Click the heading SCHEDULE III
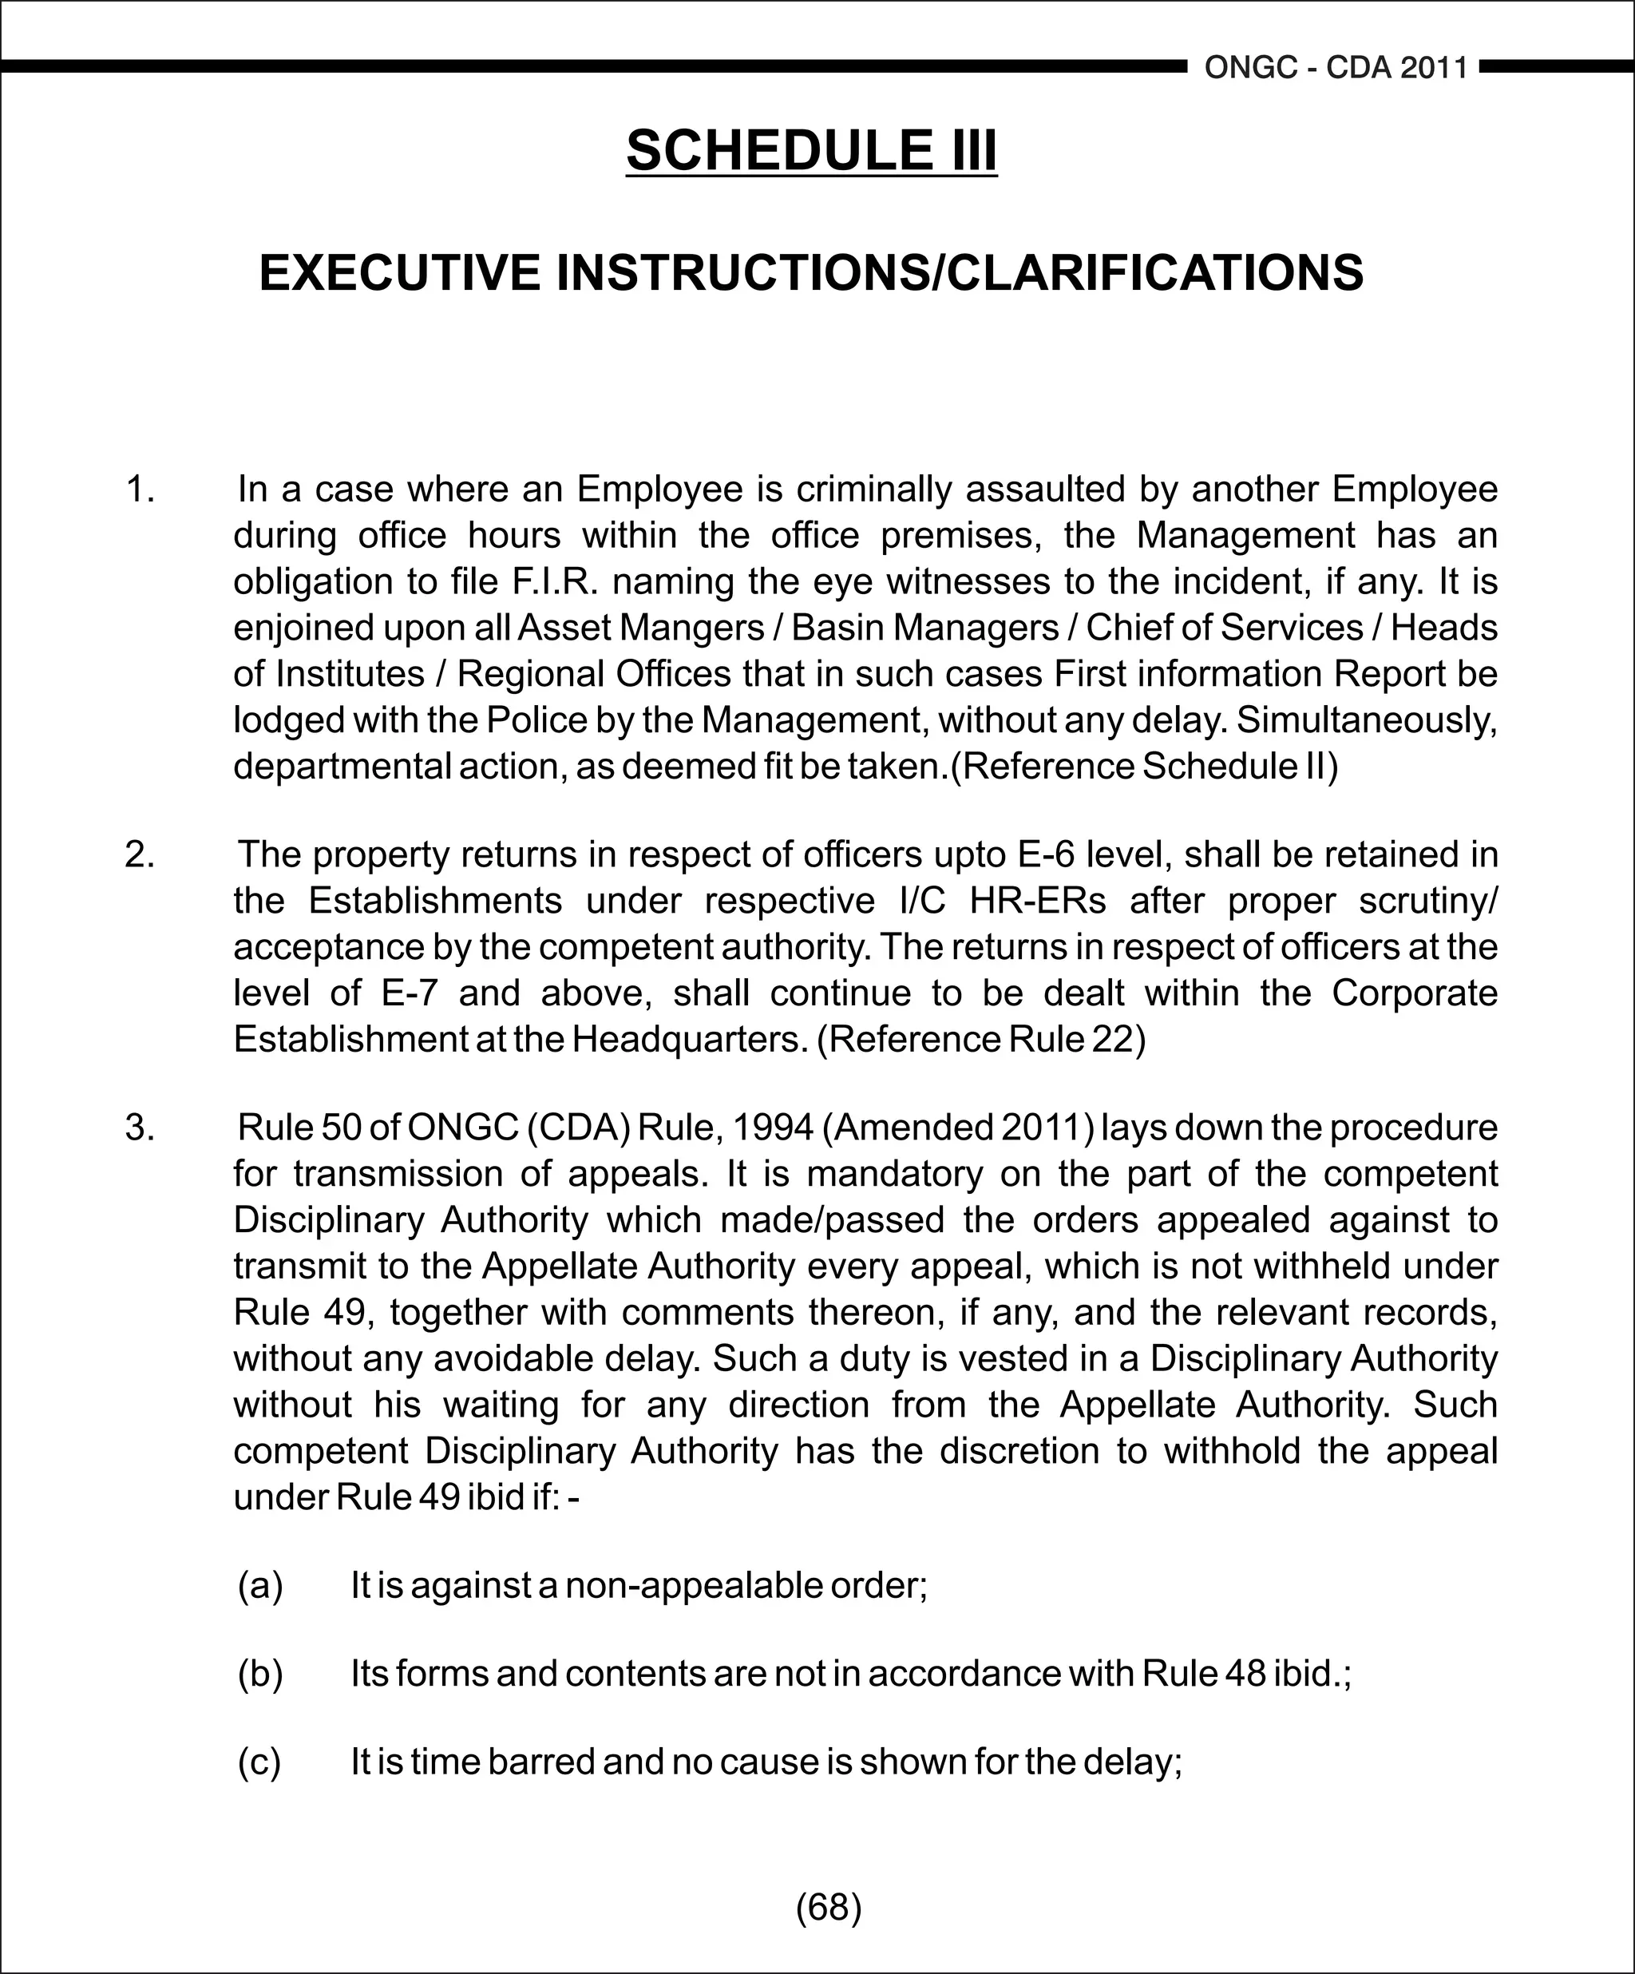tap(811, 150)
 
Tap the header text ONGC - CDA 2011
tap(1336, 68)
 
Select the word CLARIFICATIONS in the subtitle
tap(1154, 274)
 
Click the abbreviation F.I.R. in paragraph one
tap(556, 582)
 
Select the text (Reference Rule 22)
tap(981, 1040)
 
